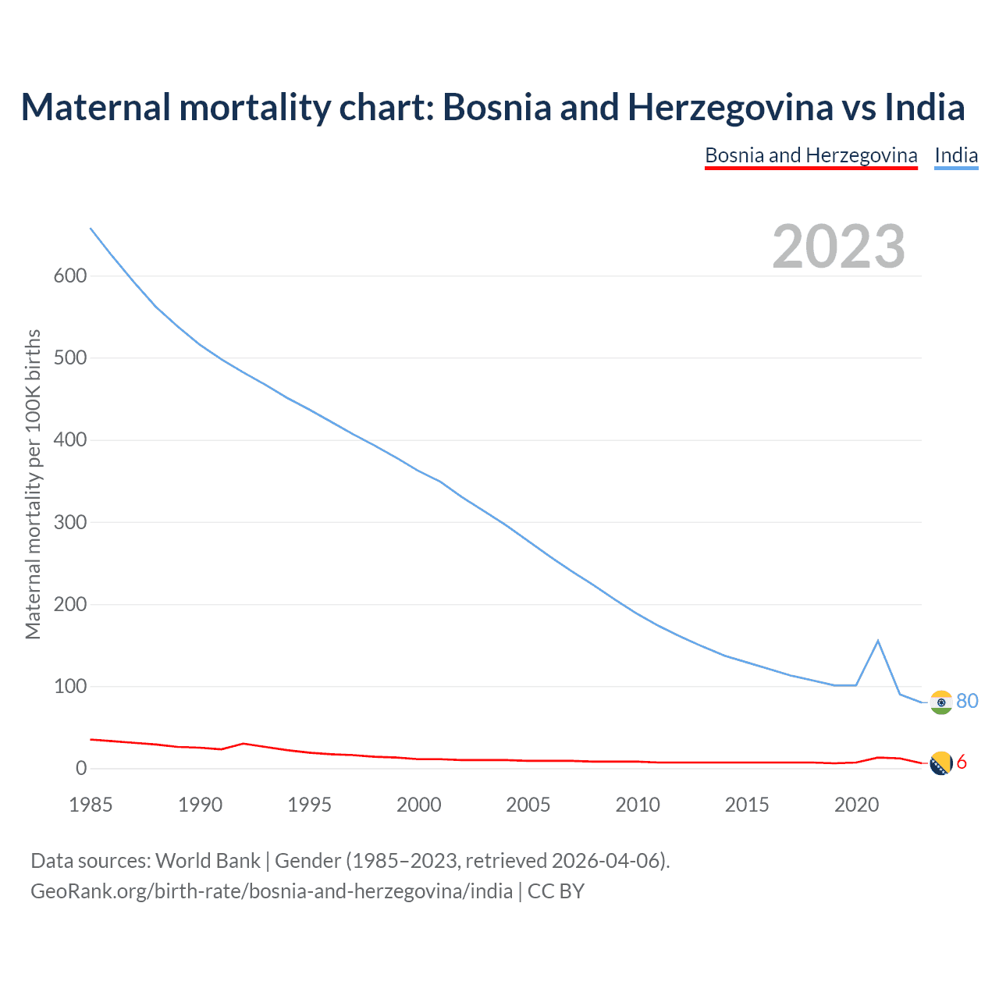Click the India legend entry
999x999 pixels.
956,155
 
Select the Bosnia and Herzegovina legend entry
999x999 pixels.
811,155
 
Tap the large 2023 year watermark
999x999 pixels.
839,247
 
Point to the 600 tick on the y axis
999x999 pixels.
70,276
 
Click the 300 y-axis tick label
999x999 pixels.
70,522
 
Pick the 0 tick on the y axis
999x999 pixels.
81,769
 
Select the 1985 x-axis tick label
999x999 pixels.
91,805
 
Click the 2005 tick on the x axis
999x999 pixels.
528,805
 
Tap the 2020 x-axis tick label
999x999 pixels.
856,805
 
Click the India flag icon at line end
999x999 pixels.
941,702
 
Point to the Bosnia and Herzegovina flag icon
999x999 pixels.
941,763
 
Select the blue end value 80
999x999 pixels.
967,701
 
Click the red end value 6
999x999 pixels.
962,763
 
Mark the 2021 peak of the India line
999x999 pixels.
878,641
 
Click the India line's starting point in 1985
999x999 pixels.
91,228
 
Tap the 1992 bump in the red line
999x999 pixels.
244,743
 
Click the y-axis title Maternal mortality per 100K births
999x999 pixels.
33,484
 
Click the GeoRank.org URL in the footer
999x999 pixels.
272,891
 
